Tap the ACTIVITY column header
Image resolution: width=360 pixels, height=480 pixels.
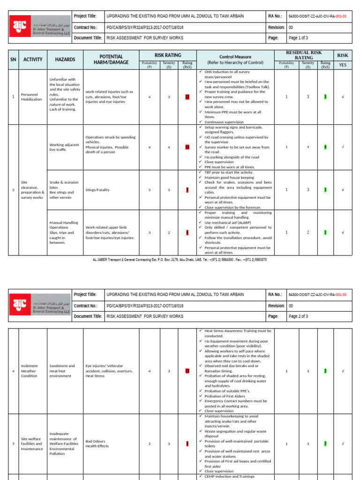33,60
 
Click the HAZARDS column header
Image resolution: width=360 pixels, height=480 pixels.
65,60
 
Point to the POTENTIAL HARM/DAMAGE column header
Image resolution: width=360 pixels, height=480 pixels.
108,60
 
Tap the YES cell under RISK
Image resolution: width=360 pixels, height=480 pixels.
343,65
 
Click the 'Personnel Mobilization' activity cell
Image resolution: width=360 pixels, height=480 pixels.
31,97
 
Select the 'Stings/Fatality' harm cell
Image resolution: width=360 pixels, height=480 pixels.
97,190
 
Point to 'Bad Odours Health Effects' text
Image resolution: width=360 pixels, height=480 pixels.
97,443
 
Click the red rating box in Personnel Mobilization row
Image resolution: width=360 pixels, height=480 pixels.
187,97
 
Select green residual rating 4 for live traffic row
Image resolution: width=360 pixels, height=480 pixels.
325,147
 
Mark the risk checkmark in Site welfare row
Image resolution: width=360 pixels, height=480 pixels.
343,443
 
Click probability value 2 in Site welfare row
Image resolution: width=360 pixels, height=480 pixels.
150,443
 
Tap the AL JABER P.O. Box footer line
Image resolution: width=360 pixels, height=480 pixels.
180,259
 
